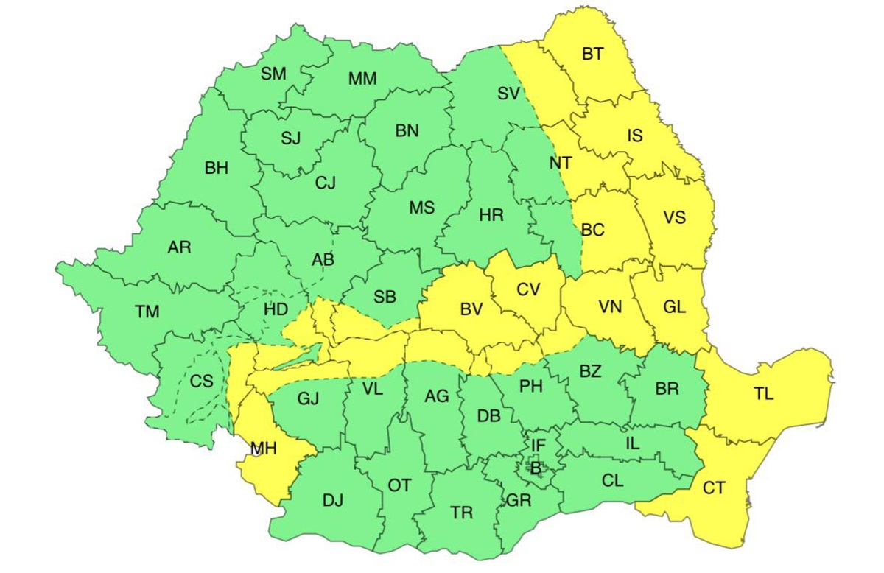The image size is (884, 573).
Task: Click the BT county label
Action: click(x=592, y=54)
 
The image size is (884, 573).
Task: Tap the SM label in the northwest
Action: click(x=273, y=73)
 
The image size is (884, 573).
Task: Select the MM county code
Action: click(x=362, y=79)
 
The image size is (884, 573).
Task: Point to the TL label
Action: click(x=764, y=394)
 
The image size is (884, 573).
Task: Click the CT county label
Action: click(x=714, y=488)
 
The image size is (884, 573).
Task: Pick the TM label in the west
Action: click(x=147, y=312)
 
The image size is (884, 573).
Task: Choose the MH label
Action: click(x=263, y=447)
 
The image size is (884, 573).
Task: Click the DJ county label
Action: click(x=333, y=501)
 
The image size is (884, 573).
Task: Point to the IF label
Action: click(x=539, y=445)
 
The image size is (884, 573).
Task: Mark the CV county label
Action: click(x=528, y=289)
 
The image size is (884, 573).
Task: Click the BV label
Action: click(x=471, y=310)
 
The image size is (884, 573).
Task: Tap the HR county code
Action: click(x=491, y=216)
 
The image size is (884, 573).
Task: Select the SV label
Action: click(x=508, y=94)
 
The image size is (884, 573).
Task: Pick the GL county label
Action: click(x=674, y=308)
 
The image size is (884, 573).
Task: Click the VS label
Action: click(x=674, y=218)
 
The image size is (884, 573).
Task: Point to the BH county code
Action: click(x=217, y=168)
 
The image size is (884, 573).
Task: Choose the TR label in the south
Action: click(x=462, y=513)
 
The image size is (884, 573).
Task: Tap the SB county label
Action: click(x=385, y=298)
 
